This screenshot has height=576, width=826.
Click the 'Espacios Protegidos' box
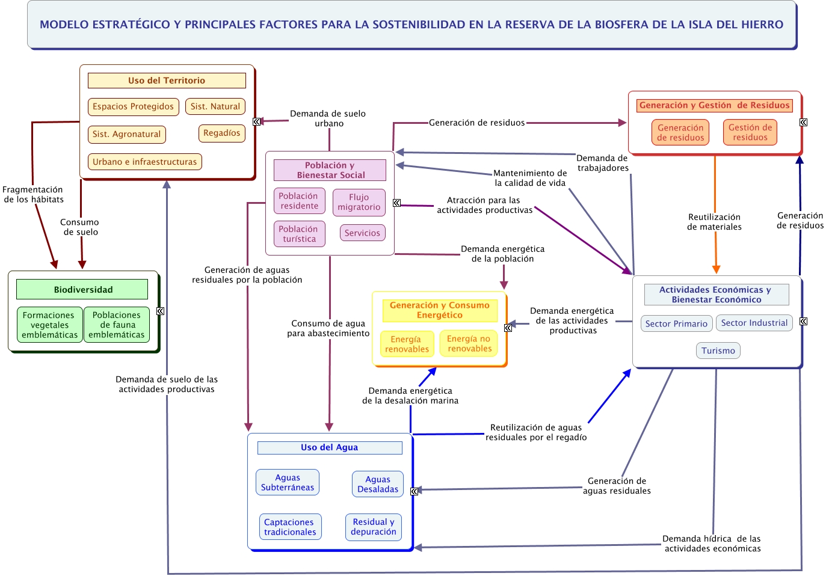tap(133, 106)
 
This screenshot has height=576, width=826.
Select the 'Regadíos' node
tap(221, 133)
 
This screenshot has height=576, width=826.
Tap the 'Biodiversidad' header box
tap(82, 289)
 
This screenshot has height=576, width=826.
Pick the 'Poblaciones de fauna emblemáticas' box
tap(116, 325)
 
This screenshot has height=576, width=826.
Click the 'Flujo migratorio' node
tap(359, 202)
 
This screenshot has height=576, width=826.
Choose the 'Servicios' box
tap(362, 233)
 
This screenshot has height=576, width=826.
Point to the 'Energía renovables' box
tap(407, 344)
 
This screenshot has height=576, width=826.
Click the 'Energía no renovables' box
tap(469, 343)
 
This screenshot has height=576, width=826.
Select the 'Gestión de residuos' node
tap(750, 132)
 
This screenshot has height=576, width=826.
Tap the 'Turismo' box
tap(718, 351)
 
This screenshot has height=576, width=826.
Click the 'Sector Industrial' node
tap(754, 323)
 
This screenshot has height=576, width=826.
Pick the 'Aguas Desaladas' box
tap(378, 484)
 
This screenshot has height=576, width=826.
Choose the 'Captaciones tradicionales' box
tap(289, 527)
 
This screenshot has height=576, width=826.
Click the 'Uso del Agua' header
tap(329, 447)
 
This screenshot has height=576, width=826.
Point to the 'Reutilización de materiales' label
tap(714, 222)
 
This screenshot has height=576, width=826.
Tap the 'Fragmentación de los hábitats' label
tap(33, 194)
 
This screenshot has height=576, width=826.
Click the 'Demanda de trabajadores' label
tap(602, 163)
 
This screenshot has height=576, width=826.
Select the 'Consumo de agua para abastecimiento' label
tap(328, 328)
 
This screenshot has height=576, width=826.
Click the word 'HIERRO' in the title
tap(760, 25)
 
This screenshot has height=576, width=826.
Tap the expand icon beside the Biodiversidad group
tap(160, 311)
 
